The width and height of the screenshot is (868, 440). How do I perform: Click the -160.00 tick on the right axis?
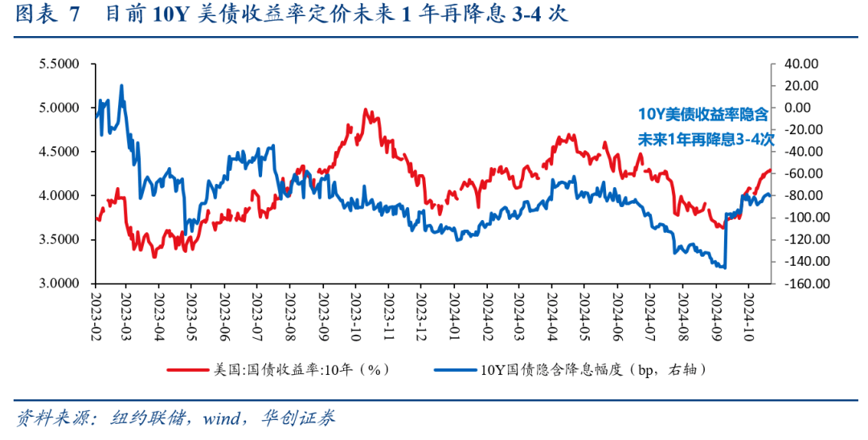click(792, 284)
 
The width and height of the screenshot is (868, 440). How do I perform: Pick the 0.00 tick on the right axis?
click(798, 108)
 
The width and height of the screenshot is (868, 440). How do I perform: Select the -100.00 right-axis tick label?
click(792, 218)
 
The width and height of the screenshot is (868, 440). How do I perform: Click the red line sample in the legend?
click(188, 370)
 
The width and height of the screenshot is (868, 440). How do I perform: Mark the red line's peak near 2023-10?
click(366, 110)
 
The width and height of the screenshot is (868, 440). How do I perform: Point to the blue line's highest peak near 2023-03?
click(121, 85)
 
